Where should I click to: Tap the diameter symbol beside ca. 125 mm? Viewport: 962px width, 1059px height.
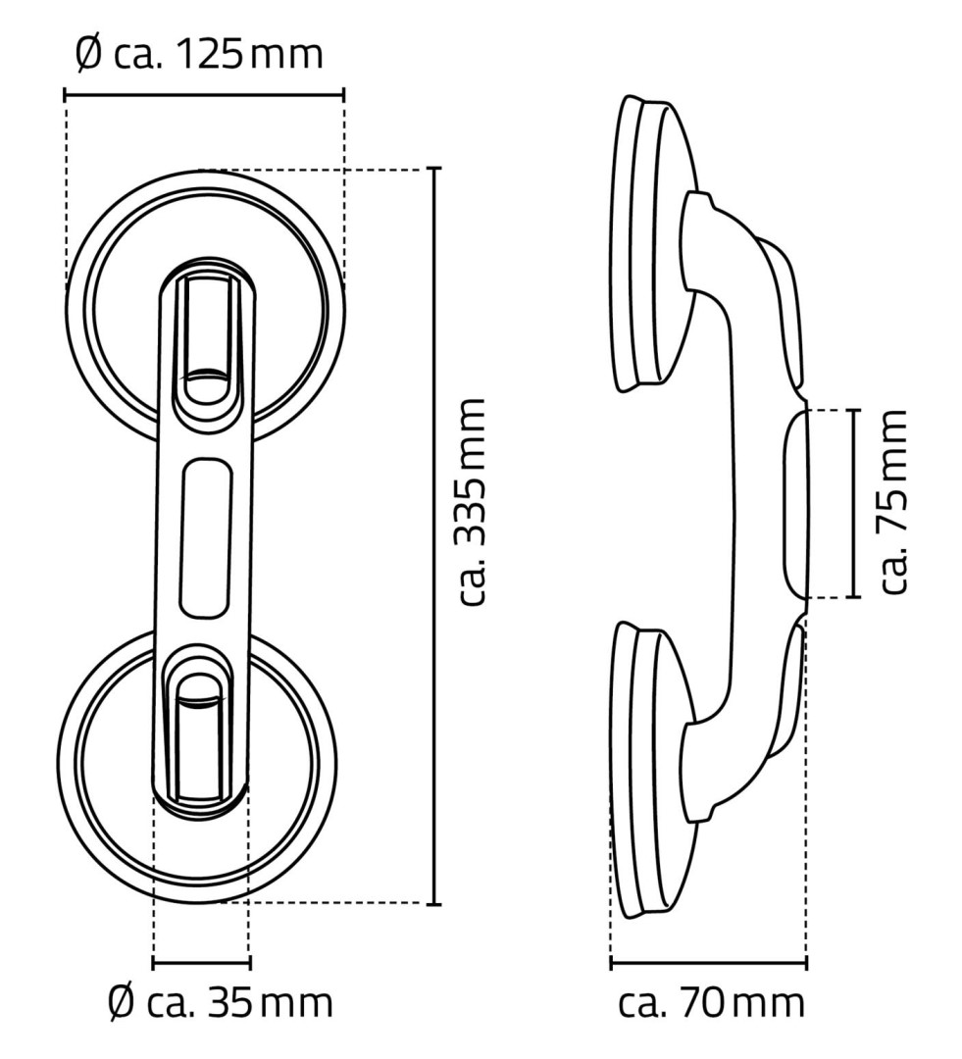tap(88, 54)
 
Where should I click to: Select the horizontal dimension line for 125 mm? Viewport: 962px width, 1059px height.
tap(204, 94)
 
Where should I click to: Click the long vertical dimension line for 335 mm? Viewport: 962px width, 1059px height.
tap(435, 535)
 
